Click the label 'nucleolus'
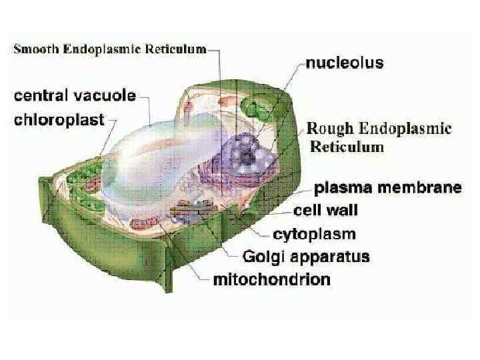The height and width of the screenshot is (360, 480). [x=345, y=64]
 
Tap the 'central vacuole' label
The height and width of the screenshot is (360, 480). [x=75, y=95]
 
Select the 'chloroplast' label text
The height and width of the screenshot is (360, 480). [x=60, y=121]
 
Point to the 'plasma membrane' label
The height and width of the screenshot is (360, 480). [x=388, y=187]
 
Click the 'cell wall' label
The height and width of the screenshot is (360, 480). [x=326, y=211]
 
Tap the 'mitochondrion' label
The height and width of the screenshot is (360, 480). [x=271, y=279]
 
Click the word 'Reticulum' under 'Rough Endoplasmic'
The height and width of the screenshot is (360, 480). [x=345, y=147]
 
